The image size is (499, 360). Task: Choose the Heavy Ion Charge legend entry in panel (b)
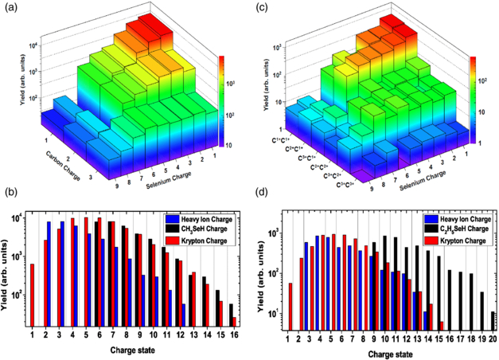tap(201, 217)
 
